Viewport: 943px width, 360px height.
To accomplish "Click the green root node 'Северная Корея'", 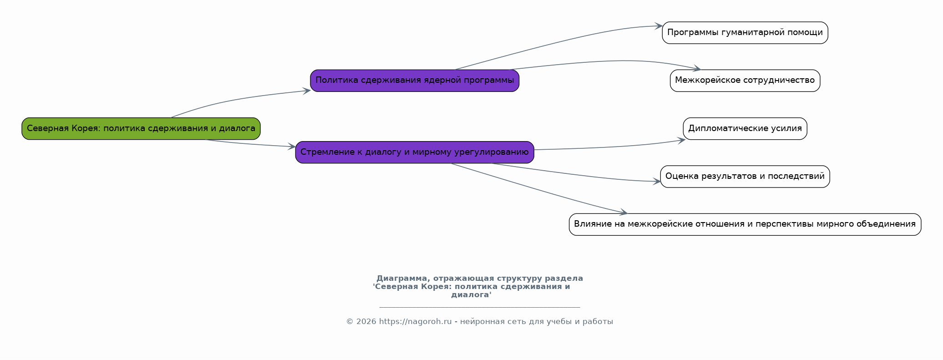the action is [141, 128].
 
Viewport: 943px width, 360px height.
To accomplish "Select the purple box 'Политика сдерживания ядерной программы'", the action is [415, 81].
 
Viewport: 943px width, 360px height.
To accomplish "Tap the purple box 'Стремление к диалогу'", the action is [415, 152].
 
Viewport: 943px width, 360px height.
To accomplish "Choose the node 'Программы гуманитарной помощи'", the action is [745, 33].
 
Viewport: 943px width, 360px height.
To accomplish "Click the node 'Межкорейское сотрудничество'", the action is [745, 81].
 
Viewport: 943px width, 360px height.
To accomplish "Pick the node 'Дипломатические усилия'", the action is [745, 128].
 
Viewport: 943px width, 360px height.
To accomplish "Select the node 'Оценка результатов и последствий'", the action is [745, 177].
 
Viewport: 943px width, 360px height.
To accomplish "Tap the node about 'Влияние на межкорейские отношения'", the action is [745, 224].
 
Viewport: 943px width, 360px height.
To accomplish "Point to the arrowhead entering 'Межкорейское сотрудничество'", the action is [696, 69].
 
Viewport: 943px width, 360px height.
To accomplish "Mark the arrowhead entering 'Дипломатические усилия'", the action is [681, 141].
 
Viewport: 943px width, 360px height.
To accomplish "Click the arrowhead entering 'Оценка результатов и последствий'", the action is [657, 182].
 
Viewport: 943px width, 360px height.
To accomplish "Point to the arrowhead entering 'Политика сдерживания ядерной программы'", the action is [306, 91].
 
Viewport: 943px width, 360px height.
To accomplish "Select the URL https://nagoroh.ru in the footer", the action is [416, 322].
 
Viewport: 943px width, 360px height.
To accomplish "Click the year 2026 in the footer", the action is [366, 322].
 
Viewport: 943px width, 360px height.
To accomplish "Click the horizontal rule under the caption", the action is [480, 308].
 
